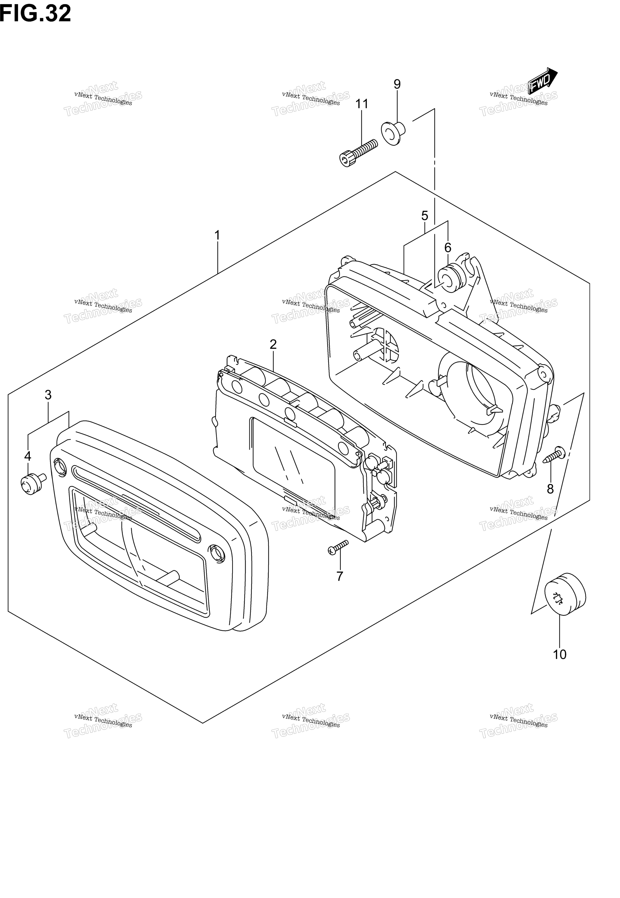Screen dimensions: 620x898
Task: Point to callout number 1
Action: (218, 235)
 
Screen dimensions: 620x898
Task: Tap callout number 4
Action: (28, 456)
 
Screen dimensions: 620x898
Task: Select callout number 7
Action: (340, 576)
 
